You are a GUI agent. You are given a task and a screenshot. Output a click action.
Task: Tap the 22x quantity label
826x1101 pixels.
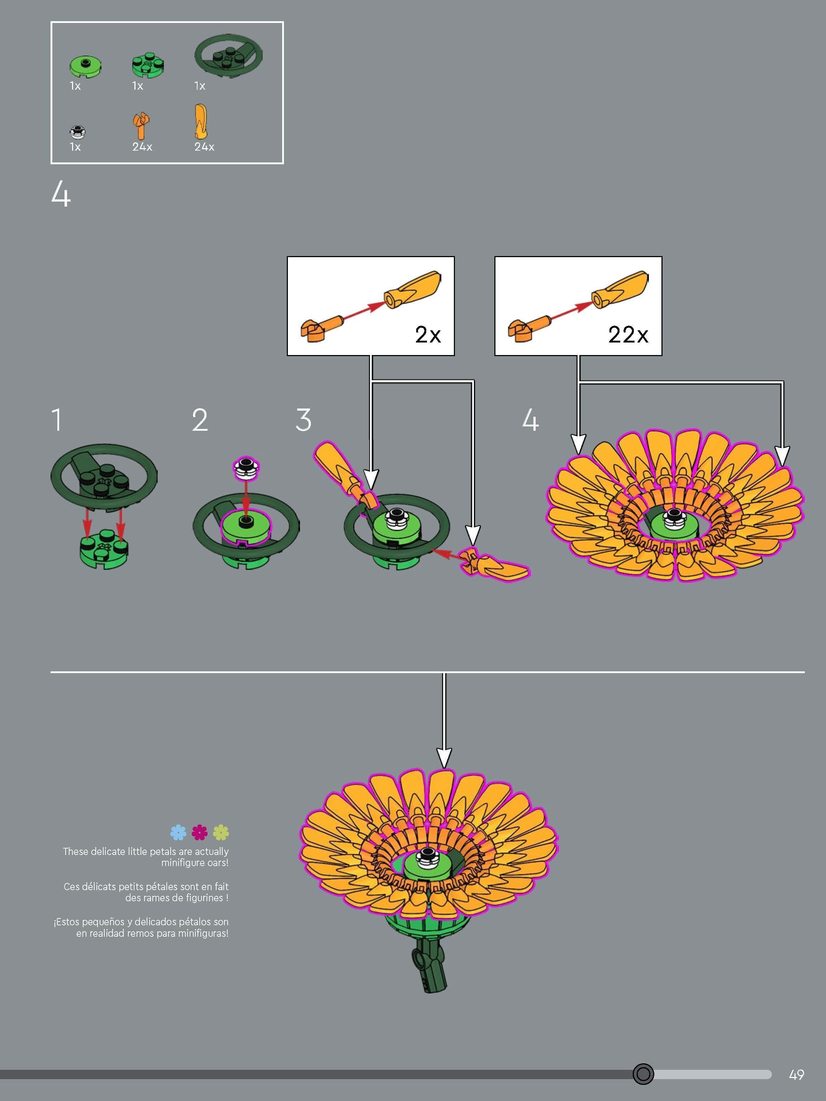(x=628, y=335)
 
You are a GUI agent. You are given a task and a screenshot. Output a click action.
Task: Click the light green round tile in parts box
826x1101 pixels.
(x=85, y=65)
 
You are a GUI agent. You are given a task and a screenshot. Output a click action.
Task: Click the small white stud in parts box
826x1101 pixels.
(x=78, y=131)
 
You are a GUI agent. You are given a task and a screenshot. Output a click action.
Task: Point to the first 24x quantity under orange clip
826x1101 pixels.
(x=142, y=147)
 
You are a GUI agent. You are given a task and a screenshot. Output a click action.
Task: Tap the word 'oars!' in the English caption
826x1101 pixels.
(x=215, y=863)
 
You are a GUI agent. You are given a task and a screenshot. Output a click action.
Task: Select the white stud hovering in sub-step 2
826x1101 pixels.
(x=246, y=467)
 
